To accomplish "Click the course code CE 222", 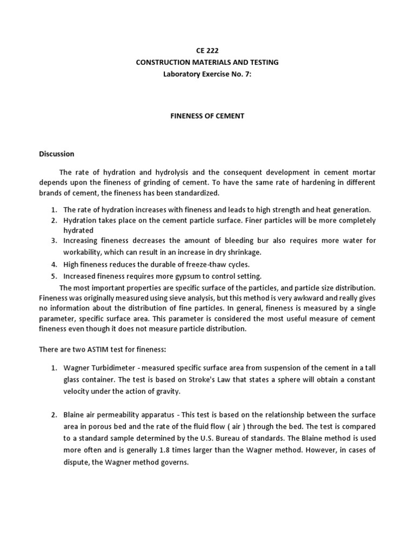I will pyautogui.click(x=207, y=51).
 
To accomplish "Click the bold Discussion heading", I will pyautogui.click(x=56, y=154).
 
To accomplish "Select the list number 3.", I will pyautogui.click(x=54, y=240).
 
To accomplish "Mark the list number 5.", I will pyautogui.click(x=54, y=276).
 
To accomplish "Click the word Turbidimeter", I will pyautogui.click(x=111, y=368).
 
